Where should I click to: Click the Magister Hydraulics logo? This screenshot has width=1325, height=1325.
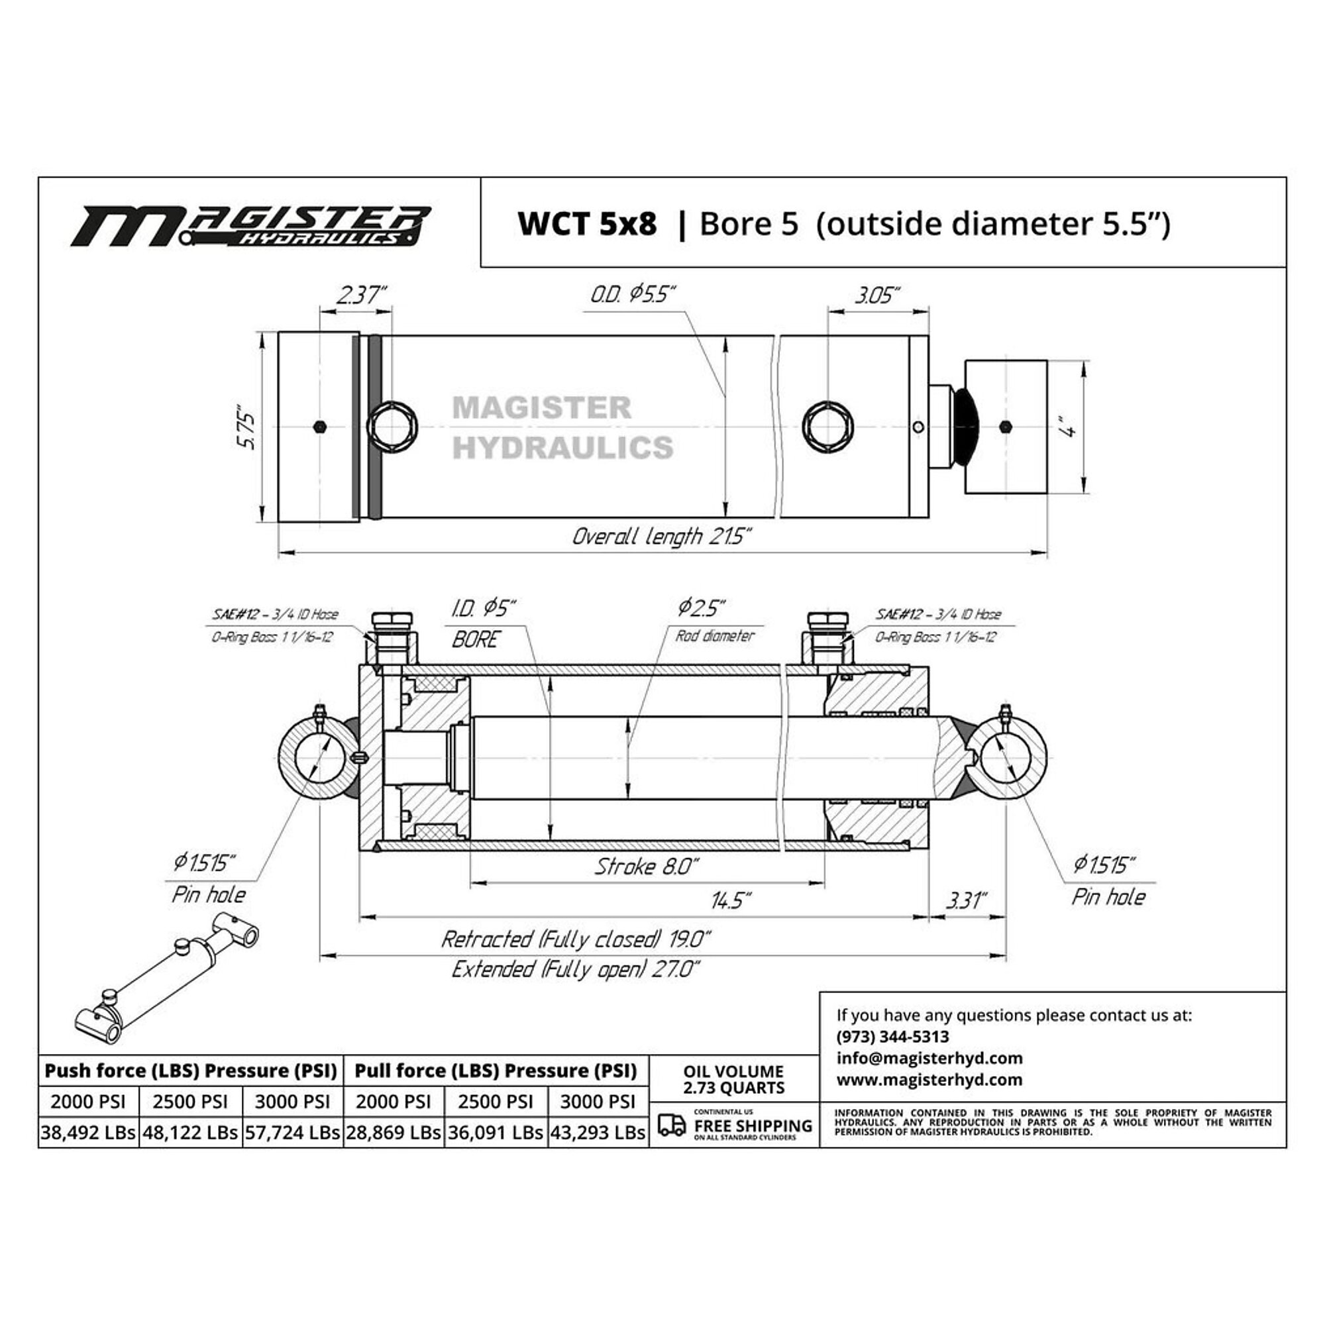point(251,227)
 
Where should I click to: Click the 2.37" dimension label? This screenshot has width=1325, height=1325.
point(362,295)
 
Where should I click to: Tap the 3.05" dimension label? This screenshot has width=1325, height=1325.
point(877,295)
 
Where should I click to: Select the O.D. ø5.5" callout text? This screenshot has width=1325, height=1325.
point(633,295)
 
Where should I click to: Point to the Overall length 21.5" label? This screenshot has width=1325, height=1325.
point(662,537)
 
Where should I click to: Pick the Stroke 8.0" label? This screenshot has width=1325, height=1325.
point(646,867)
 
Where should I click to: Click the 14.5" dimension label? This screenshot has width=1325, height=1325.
point(731,900)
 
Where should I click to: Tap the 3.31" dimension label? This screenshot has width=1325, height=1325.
point(967,900)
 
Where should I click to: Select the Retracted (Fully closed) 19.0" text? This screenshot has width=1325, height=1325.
point(576,939)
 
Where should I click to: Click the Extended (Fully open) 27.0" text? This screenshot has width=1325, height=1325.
point(576,970)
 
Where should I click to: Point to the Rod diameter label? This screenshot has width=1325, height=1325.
point(715,636)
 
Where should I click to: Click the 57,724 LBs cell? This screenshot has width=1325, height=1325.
point(293,1132)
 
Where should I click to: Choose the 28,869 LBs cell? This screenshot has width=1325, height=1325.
point(393,1132)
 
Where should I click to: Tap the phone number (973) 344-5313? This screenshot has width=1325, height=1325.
point(892,1036)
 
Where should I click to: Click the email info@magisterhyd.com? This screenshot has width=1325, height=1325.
point(929,1058)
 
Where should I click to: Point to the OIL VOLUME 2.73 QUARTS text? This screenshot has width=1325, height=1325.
point(733,1079)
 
